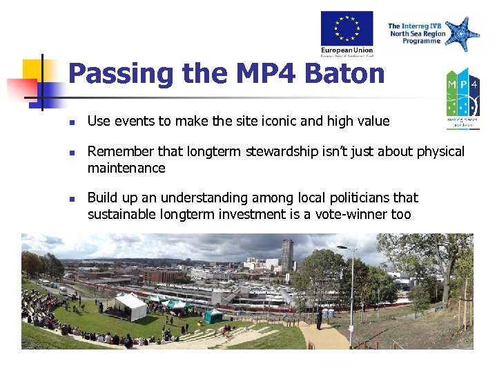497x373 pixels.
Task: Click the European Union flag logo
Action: pos(347,28)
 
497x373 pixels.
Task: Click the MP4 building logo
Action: pos(462,96)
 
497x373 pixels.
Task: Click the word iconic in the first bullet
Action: pos(276,122)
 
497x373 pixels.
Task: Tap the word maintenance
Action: pos(126,168)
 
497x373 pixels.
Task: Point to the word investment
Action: pos(253,214)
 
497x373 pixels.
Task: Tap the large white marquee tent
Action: pos(130,305)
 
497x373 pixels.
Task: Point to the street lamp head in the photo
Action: pos(345,247)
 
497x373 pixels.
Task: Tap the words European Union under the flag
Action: pos(347,50)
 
